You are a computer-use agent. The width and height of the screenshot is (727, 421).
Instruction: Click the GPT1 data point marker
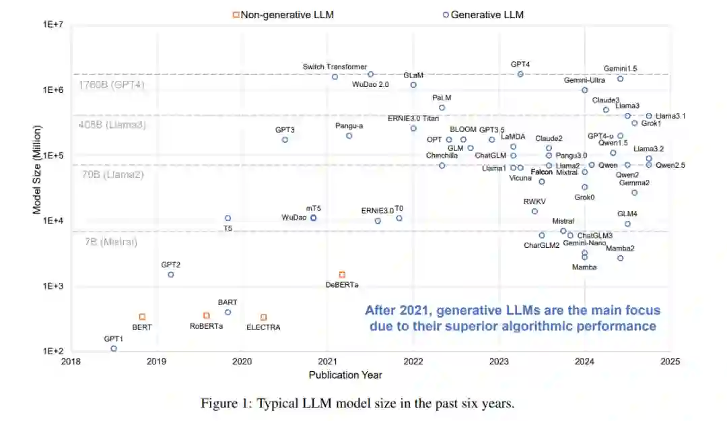[114, 348]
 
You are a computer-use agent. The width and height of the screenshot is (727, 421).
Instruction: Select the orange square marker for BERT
[142, 317]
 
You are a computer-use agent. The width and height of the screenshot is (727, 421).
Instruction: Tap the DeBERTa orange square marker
[342, 275]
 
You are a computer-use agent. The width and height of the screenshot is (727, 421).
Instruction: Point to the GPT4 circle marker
[520, 74]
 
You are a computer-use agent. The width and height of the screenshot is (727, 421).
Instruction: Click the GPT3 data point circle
[285, 139]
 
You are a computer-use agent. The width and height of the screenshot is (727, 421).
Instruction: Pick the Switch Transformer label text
[335, 67]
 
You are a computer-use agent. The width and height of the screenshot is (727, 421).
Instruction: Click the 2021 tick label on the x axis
[328, 362]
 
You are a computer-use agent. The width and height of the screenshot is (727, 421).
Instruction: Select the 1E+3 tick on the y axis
[53, 286]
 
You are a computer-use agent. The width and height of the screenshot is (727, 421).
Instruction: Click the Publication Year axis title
[345, 375]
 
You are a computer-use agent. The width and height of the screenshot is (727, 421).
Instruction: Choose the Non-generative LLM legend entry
[283, 14]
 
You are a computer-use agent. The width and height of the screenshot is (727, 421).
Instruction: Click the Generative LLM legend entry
[483, 14]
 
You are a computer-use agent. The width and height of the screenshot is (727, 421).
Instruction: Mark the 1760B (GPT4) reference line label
[112, 85]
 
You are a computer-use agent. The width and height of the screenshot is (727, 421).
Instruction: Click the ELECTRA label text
[263, 327]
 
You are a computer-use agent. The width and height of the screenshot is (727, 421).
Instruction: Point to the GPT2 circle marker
[171, 274]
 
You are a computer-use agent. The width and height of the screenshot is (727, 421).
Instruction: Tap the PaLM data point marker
[442, 108]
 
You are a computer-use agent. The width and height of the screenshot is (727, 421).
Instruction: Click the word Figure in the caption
[219, 403]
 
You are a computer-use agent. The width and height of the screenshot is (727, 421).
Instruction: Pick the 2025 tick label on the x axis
[670, 362]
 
